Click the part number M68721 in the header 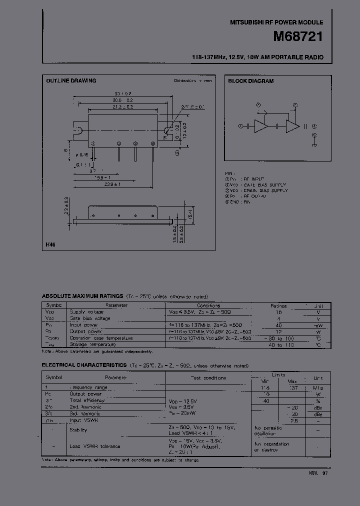pyautogui.click(x=297, y=37)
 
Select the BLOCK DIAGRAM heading pyautogui.click(x=251, y=81)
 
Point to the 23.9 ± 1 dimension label pyautogui.click(x=113, y=184)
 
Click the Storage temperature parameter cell pyautogui.click(x=93, y=344)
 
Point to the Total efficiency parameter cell pyautogui.click(x=87, y=400)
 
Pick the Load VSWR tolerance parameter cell pyautogui.click(x=95, y=446)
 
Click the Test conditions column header pyautogui.click(x=209, y=378)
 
